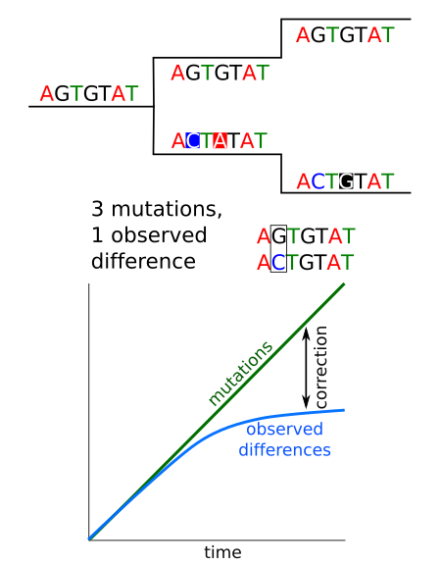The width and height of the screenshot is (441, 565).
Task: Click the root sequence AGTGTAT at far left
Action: click(x=89, y=93)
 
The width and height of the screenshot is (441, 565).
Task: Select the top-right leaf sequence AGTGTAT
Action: click(x=345, y=35)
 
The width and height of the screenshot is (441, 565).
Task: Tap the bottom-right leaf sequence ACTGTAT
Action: click(x=345, y=180)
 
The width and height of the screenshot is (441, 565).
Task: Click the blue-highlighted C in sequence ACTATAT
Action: click(x=192, y=140)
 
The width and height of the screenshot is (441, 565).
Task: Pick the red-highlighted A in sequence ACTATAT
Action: click(x=220, y=140)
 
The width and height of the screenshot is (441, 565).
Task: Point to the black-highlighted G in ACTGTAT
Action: click(x=345, y=180)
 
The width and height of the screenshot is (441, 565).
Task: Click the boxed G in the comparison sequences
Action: click(x=277, y=236)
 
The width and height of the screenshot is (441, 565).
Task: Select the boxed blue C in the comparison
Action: click(x=277, y=262)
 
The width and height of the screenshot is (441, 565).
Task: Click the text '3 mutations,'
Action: click(x=157, y=209)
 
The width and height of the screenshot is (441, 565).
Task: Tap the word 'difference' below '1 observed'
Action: click(x=143, y=262)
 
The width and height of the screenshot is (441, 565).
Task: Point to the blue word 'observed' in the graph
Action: click(x=284, y=430)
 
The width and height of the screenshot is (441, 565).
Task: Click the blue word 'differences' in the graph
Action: click(x=284, y=450)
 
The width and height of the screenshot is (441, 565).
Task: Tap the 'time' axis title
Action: click(x=222, y=552)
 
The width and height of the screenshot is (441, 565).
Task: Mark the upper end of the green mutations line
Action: click(x=344, y=283)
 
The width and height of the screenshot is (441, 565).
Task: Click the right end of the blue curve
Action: click(x=344, y=409)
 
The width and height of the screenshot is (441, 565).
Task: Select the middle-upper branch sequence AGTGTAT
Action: click(x=220, y=73)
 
